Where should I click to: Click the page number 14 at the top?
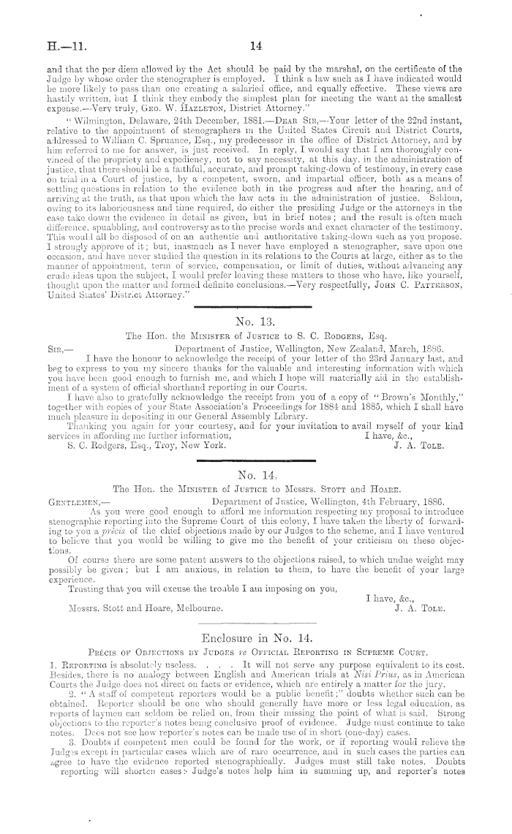tap(256, 46)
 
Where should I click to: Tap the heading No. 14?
tap(256, 474)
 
